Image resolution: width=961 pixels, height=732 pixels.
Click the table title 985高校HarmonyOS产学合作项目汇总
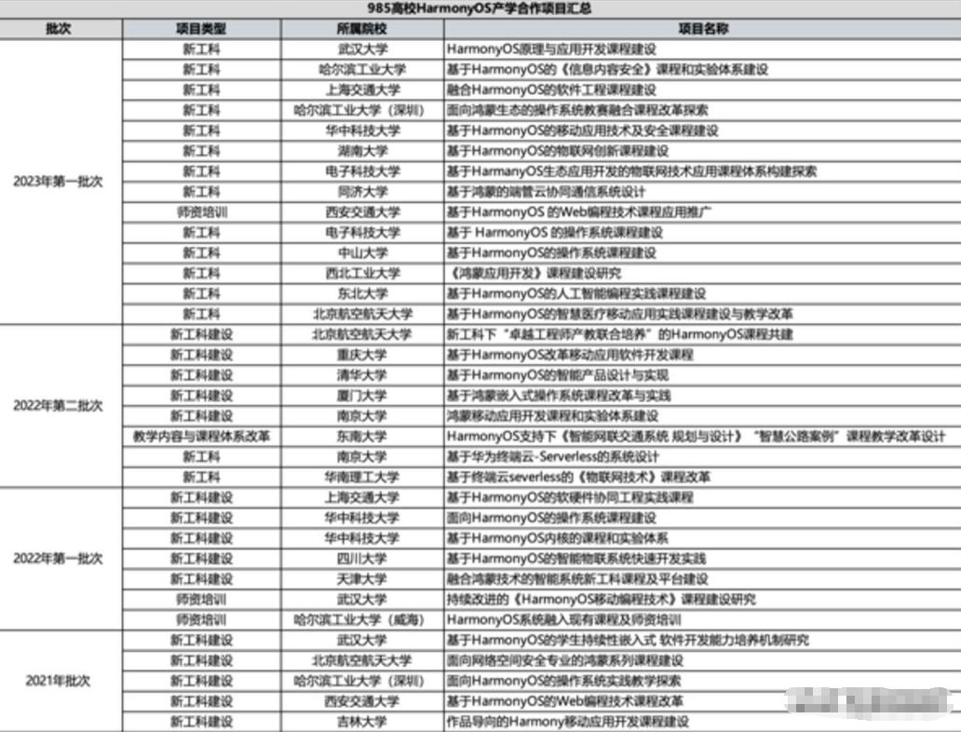(480, 9)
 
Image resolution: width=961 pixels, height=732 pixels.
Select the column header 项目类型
(201, 28)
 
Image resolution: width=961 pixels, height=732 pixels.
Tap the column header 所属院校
(362, 28)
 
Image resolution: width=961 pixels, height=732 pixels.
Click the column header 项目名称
(702, 28)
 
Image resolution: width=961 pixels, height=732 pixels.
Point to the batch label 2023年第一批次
(58, 182)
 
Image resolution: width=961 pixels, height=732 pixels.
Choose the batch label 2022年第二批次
(58, 406)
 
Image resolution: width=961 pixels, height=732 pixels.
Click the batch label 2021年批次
(58, 681)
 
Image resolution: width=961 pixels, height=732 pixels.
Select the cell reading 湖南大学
(362, 151)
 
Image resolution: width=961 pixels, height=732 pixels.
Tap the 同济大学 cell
(362, 192)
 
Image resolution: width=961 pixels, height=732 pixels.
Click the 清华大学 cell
(362, 375)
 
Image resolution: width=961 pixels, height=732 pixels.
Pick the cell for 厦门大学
(362, 396)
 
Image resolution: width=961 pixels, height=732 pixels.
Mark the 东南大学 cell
(362, 436)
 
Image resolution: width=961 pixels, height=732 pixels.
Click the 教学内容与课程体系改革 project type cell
(201, 436)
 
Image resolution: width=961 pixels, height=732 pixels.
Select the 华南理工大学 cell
(362, 477)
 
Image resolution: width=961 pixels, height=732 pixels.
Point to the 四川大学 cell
(362, 559)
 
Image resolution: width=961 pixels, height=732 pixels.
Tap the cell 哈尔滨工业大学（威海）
(362, 619)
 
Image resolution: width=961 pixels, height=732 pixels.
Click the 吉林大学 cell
(362, 722)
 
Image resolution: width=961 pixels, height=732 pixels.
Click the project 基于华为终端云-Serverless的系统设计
(553, 456)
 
